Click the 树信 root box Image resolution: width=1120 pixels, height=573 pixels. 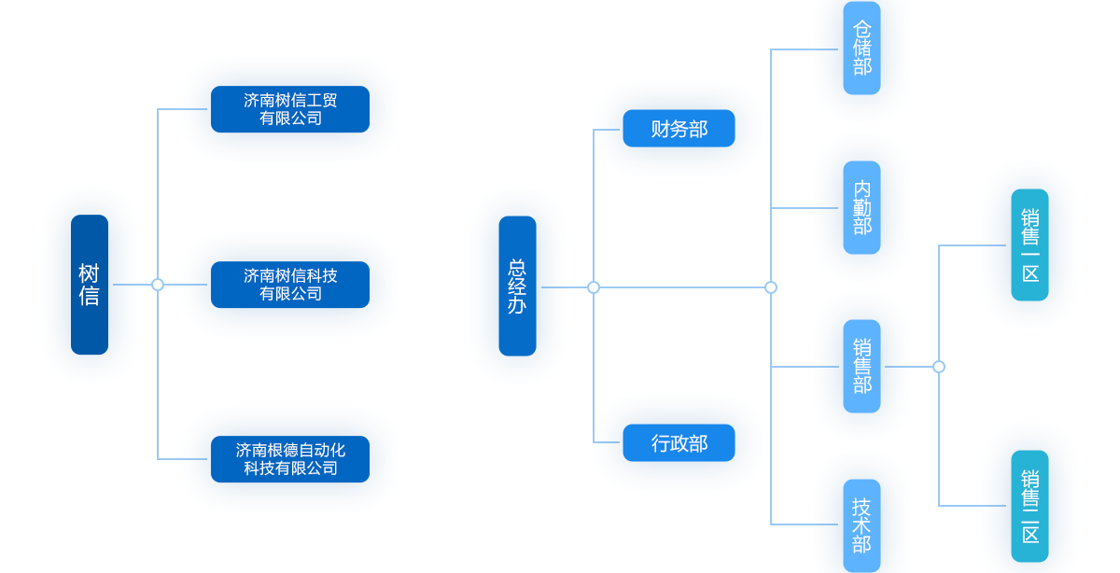click(x=90, y=285)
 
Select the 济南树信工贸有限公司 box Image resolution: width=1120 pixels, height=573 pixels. click(x=289, y=109)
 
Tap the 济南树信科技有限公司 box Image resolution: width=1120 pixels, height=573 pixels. click(x=289, y=285)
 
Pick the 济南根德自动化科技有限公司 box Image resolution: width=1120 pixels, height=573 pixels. click(x=289, y=459)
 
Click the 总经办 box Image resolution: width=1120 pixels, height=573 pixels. click(x=517, y=286)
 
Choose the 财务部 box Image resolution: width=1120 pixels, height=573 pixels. click(x=679, y=129)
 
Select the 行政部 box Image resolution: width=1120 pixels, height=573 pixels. click(x=679, y=443)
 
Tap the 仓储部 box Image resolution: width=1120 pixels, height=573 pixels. click(x=861, y=49)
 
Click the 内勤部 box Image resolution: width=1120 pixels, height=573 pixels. click(x=861, y=207)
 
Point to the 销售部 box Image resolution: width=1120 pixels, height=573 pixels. click(x=861, y=366)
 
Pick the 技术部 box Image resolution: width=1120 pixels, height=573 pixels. click(x=861, y=524)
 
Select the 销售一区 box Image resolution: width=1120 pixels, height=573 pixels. click(x=1029, y=245)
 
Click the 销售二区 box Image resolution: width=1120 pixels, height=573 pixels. click(x=1029, y=506)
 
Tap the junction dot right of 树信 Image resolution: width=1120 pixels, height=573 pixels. click(x=158, y=285)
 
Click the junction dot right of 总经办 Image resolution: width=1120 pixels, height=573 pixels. click(x=594, y=287)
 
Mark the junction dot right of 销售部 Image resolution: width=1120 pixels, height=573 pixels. click(x=939, y=367)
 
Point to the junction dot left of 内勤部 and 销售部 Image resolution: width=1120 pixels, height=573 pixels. click(x=771, y=287)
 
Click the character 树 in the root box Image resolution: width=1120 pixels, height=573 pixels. click(x=90, y=273)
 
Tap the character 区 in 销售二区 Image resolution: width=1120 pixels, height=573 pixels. click(x=1029, y=535)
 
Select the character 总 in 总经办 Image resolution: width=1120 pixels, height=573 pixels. click(x=517, y=267)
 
